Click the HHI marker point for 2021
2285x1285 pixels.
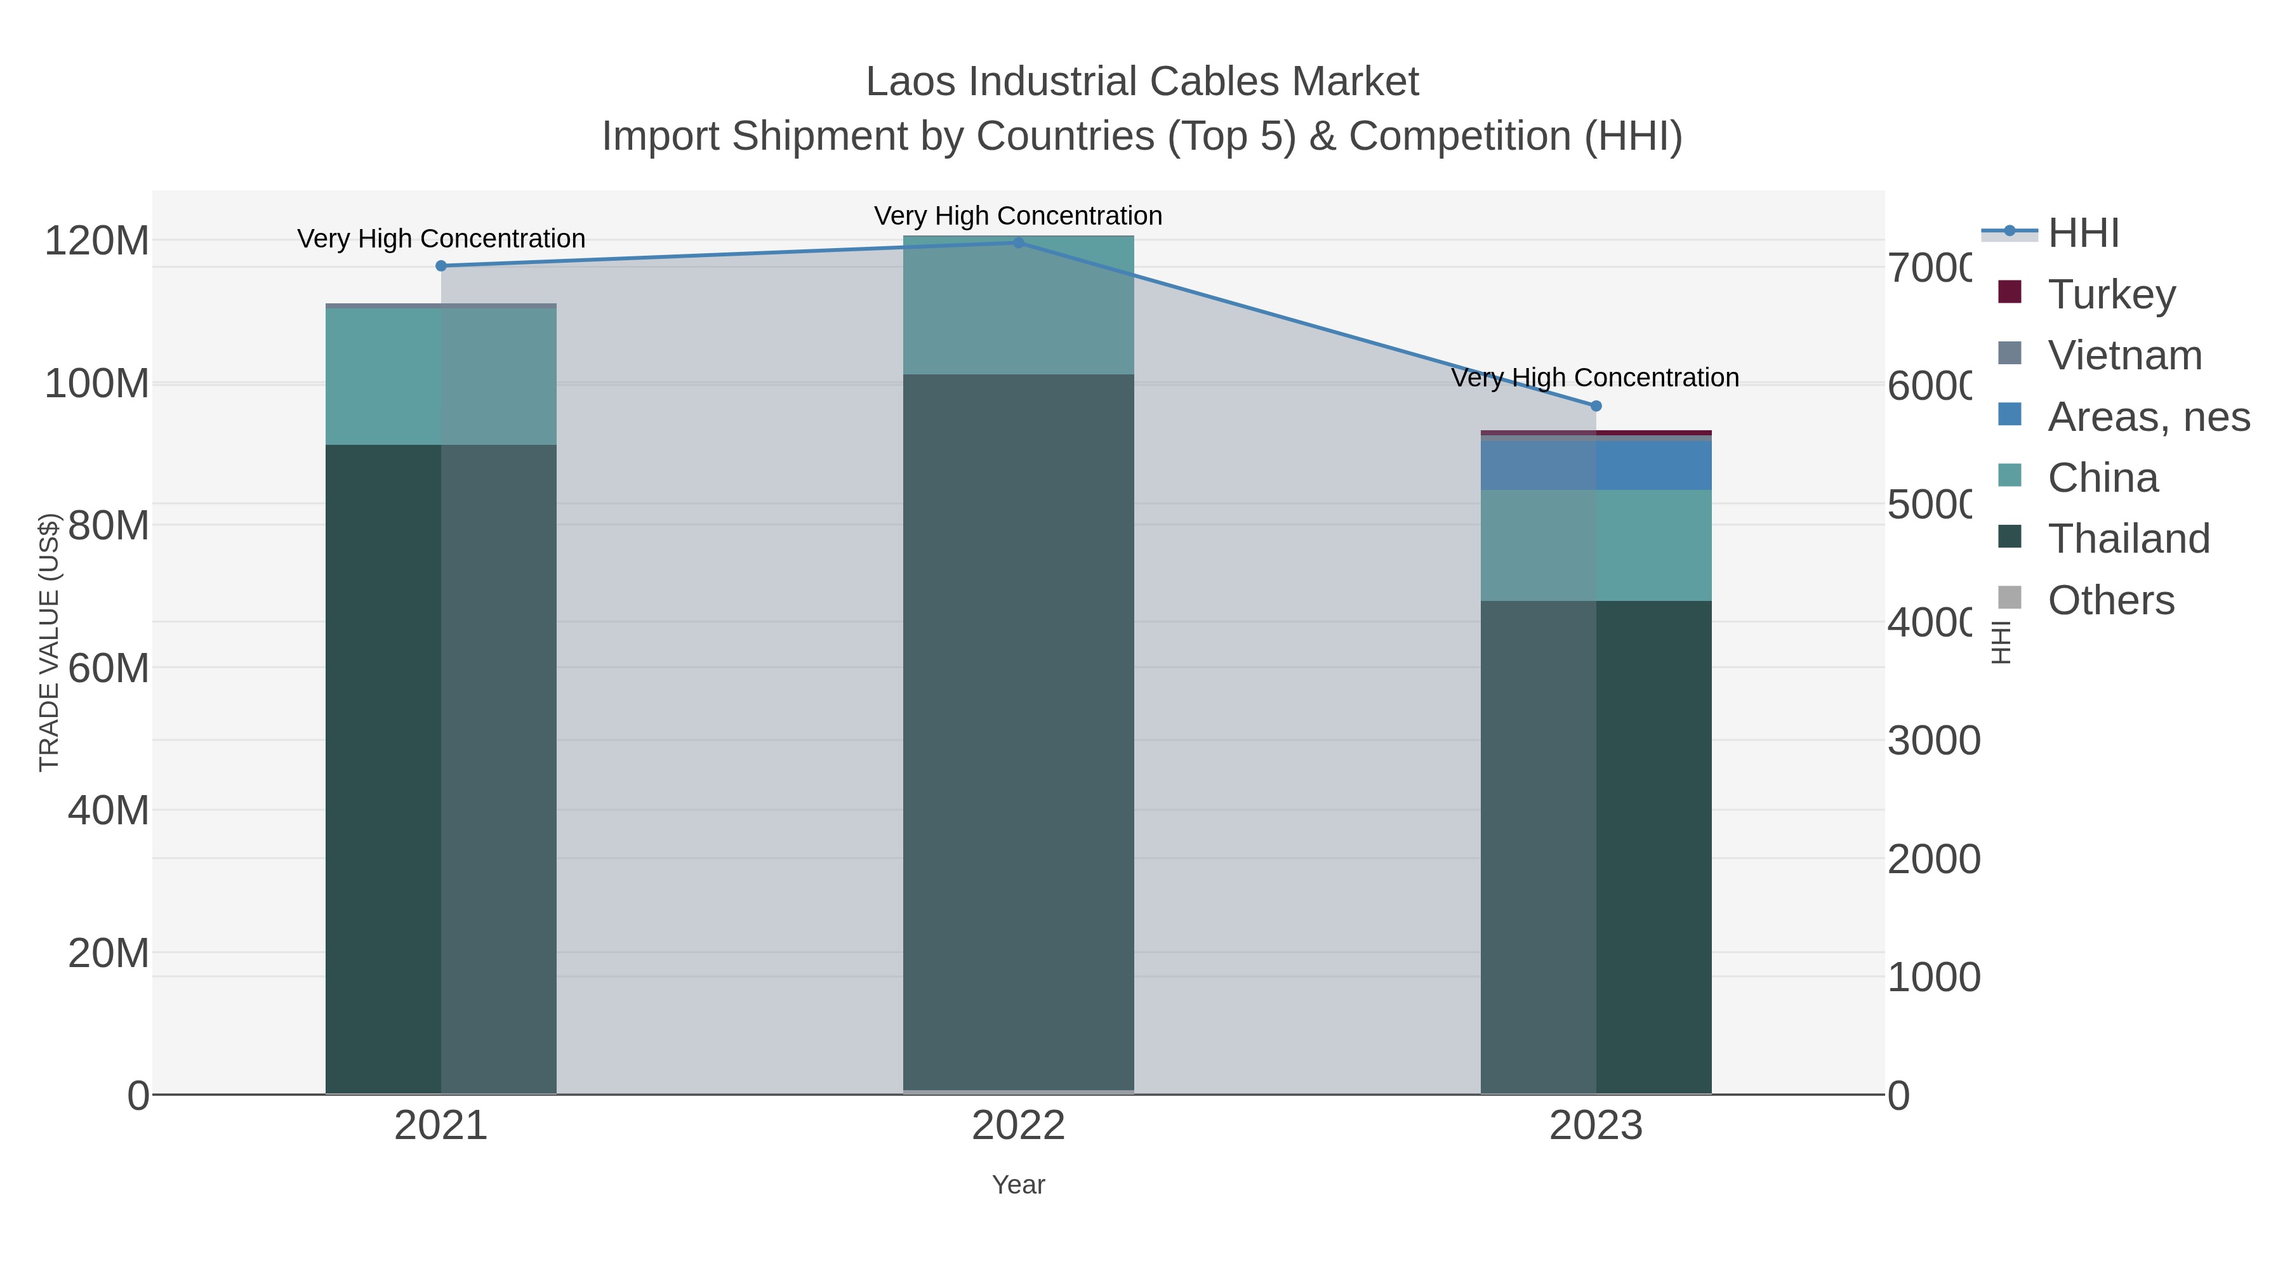point(441,266)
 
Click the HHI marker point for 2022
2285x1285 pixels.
point(1018,243)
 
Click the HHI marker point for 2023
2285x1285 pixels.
point(1596,406)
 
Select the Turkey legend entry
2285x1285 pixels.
point(2111,294)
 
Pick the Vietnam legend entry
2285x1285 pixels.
point(2124,355)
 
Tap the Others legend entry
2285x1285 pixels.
point(2110,600)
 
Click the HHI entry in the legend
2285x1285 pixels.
point(2083,234)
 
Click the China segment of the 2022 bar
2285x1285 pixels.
point(1018,306)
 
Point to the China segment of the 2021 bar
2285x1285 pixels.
point(441,377)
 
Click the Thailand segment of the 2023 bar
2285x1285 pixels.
point(1596,847)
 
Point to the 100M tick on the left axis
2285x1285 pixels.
point(96,384)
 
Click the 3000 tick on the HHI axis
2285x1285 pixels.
point(1934,741)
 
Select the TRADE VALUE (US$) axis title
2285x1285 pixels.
point(49,642)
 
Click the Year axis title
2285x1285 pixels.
point(1018,1185)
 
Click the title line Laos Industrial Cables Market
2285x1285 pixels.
point(1142,82)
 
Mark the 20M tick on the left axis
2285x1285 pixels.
point(108,953)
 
